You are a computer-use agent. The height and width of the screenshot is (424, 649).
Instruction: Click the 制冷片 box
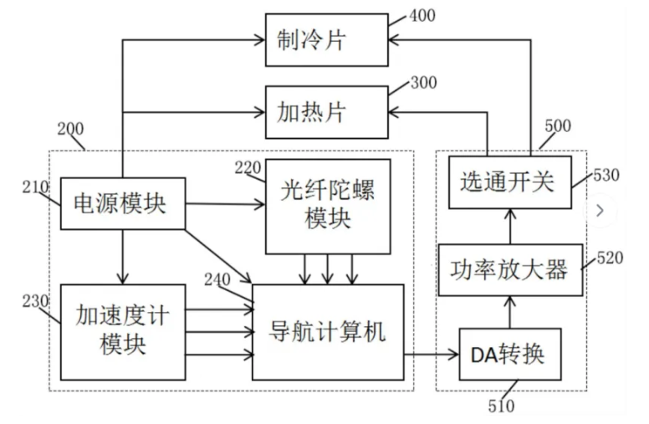click(x=327, y=39)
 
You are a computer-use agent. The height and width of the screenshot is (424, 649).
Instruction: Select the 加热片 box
click(x=327, y=111)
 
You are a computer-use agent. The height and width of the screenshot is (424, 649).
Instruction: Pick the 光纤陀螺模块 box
click(x=328, y=206)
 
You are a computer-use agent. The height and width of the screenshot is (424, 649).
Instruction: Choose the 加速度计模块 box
click(x=122, y=331)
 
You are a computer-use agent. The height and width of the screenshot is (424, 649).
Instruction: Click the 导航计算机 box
click(x=327, y=332)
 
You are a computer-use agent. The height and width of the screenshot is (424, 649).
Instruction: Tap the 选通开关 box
click(x=508, y=181)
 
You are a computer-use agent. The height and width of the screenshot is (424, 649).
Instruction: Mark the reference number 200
click(x=70, y=130)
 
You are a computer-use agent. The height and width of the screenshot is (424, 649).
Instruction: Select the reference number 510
click(x=500, y=406)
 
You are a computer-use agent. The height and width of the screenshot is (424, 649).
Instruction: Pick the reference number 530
click(x=606, y=174)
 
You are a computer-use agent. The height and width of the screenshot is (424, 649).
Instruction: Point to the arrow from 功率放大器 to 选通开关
click(x=509, y=225)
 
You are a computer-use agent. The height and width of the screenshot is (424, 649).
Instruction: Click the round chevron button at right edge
click(x=600, y=211)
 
